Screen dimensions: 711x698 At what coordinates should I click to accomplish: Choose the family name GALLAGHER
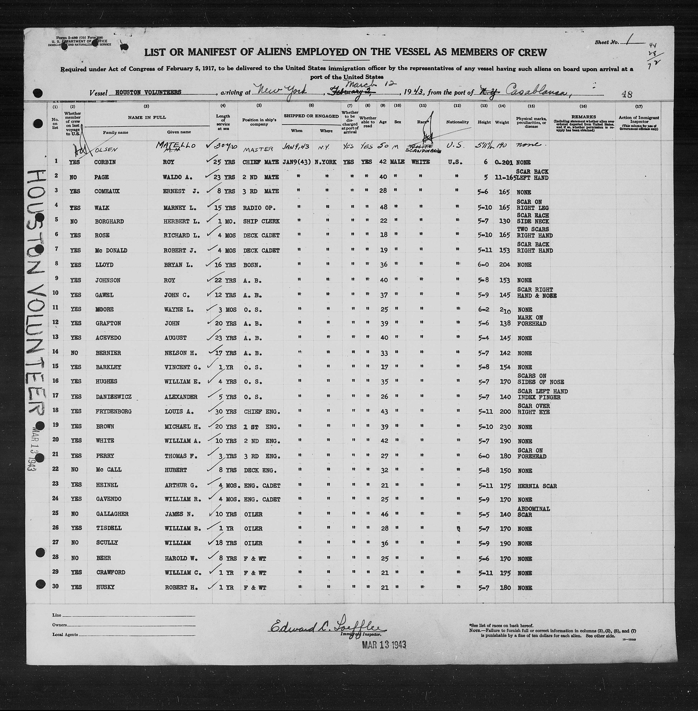click(x=111, y=514)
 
